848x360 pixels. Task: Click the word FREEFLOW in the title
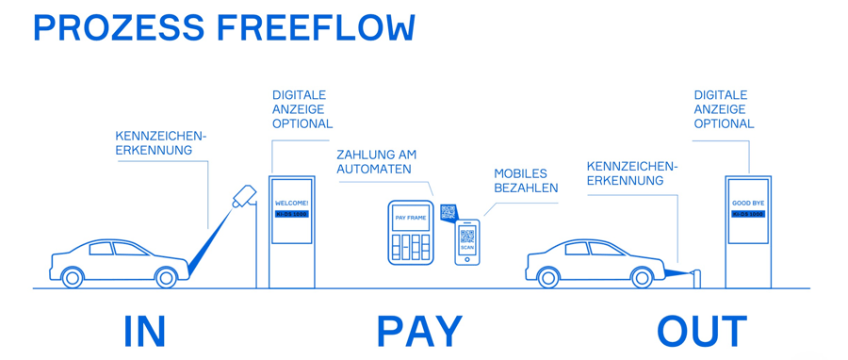point(316,28)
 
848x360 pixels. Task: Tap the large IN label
point(144,332)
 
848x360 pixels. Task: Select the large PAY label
point(419,332)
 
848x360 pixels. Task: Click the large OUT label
point(702,332)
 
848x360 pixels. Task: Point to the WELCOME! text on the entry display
point(291,204)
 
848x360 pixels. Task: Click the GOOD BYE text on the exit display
point(748,204)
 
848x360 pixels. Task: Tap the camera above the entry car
point(244,196)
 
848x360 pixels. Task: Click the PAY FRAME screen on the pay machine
point(411,218)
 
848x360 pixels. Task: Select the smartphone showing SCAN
point(467,241)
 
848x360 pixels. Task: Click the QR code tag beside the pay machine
point(448,213)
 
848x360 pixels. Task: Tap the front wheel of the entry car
point(167,278)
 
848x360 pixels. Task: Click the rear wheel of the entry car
point(72,278)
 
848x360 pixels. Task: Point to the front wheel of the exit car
point(643,278)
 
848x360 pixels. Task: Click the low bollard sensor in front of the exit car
point(697,279)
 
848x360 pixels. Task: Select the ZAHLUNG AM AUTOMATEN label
point(376,161)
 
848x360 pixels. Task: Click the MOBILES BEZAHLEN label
point(526,180)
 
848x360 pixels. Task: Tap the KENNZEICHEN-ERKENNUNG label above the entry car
point(160,142)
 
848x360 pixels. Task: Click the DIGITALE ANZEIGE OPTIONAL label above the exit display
point(724,109)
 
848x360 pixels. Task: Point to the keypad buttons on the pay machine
point(411,247)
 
